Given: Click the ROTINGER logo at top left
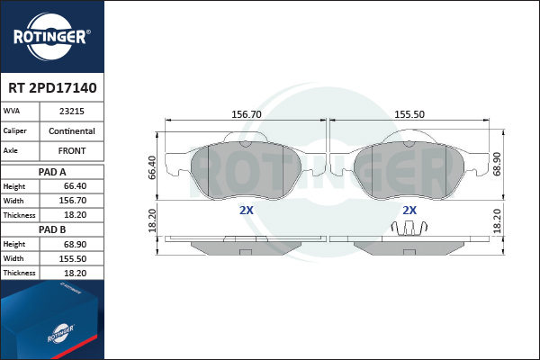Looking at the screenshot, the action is coord(51,37).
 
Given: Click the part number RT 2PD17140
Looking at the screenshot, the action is coord(52,88).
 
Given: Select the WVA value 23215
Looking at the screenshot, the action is coord(72,112).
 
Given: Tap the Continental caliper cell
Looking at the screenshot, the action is coord(72,130).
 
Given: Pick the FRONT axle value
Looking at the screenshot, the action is coord(72,151).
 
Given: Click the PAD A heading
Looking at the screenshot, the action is coord(52,172).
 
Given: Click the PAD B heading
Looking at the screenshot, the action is coord(52,229).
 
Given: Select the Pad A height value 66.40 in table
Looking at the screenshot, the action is coord(75,186).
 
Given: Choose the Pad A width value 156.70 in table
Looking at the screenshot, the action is coord(73,201).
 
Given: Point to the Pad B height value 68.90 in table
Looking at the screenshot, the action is coord(75,244).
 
